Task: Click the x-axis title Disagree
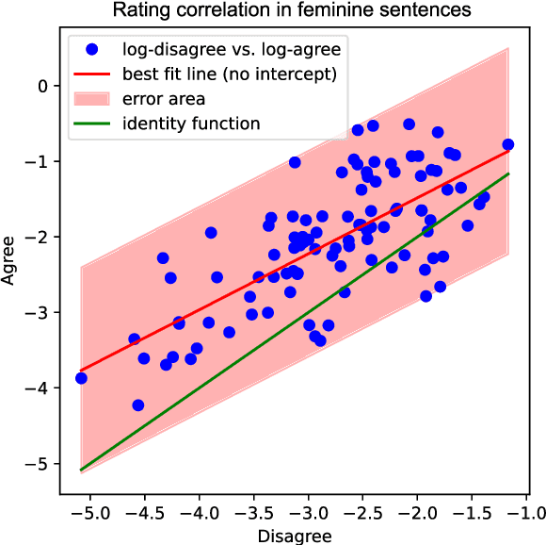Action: [294, 535]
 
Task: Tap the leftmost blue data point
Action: [81, 378]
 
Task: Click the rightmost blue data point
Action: [508, 144]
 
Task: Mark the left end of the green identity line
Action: [81, 470]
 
